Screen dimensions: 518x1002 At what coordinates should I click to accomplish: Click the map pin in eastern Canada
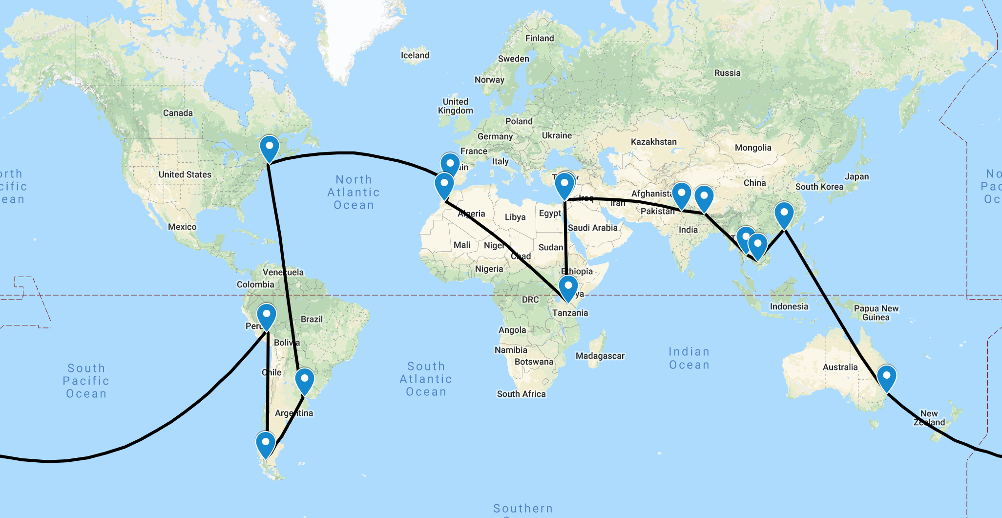click(269, 147)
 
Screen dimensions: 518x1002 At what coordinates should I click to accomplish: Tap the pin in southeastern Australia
click(886, 377)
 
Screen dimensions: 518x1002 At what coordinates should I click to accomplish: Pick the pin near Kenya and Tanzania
click(568, 287)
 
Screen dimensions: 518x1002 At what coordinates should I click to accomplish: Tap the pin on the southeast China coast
click(784, 214)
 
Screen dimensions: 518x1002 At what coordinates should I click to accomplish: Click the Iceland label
click(415, 55)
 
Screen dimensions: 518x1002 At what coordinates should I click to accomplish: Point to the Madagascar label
click(600, 356)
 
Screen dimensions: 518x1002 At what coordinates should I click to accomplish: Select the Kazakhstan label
click(653, 142)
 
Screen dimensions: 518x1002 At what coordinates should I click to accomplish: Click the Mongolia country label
click(753, 148)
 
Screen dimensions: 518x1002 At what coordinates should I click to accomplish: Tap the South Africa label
click(521, 394)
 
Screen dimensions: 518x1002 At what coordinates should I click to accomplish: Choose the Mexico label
click(182, 227)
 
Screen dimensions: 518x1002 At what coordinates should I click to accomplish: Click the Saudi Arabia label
click(592, 228)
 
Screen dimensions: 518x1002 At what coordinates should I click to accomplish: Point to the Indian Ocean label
click(689, 358)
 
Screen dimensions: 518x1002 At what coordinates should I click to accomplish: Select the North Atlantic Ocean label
click(354, 193)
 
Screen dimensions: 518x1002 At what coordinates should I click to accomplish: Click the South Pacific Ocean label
click(86, 381)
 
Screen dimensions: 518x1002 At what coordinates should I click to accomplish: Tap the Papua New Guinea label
click(876, 313)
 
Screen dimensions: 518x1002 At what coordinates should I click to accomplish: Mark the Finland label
click(540, 38)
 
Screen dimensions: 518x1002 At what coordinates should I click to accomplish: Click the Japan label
click(856, 176)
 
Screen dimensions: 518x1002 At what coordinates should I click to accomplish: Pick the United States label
click(185, 174)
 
